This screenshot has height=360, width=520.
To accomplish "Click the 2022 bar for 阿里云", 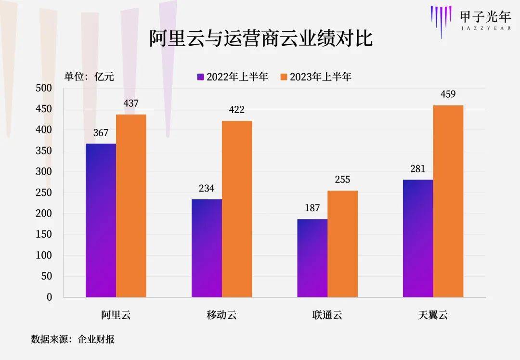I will [101, 220].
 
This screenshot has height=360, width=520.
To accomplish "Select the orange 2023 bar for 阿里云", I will [131, 206].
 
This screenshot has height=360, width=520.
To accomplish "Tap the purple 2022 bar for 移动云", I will [207, 248].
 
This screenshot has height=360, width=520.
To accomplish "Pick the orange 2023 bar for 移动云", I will [237, 209].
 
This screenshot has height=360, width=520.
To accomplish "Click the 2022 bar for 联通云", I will [312, 258].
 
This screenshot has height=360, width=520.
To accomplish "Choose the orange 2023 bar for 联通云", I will [342, 244].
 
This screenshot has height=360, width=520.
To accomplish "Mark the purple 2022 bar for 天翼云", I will [418, 238].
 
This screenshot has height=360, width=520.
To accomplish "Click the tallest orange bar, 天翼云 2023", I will [448, 201].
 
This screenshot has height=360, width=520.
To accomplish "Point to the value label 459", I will [448, 94].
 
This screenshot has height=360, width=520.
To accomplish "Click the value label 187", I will [312, 208].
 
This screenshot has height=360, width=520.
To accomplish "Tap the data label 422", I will [236, 110].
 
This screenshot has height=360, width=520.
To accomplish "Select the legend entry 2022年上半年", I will [232, 77].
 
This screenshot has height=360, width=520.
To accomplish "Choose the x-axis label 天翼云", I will [433, 316].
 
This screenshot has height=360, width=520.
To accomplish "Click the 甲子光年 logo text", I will [484, 16].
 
